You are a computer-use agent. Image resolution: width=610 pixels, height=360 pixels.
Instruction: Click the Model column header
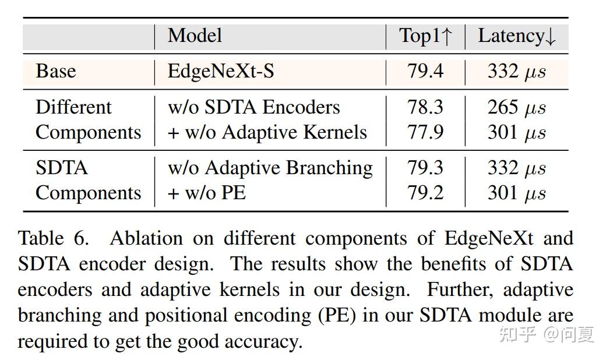tap(195, 36)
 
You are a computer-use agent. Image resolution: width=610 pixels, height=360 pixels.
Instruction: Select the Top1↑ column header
tap(425, 36)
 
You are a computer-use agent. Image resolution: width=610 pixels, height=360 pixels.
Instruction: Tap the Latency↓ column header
tap(517, 36)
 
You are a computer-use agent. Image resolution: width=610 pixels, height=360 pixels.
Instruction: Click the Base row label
tap(56, 72)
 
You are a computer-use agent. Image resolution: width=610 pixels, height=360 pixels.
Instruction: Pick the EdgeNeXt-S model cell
tap(221, 72)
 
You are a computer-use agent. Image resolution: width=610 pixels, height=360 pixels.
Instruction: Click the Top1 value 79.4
tap(425, 72)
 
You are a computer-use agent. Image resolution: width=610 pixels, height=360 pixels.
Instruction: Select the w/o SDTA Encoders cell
tap(253, 108)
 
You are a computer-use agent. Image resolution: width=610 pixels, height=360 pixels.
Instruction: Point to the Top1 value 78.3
tap(425, 108)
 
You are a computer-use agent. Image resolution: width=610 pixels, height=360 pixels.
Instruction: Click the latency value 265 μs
tap(517, 108)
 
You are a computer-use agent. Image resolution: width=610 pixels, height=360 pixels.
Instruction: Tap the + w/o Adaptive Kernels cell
tap(267, 133)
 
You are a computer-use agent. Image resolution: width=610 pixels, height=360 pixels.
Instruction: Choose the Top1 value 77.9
tap(425, 133)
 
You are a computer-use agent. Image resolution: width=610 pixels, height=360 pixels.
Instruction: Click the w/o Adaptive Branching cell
tap(270, 168)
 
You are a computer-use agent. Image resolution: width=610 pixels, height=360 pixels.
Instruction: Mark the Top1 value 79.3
tap(425, 168)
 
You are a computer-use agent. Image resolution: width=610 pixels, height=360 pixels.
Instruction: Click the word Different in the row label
tap(73, 108)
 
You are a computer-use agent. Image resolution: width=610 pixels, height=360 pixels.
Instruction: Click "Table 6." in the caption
tap(54, 239)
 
